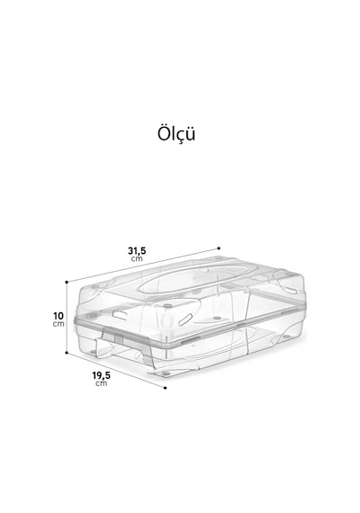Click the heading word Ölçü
176,134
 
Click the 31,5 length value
137,251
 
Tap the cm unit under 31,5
137,259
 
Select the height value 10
58,316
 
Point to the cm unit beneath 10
58,324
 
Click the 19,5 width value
101,375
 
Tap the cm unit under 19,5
101,383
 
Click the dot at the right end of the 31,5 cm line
219,248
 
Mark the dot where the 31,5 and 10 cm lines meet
67,282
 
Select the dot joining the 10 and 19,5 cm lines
67,353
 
